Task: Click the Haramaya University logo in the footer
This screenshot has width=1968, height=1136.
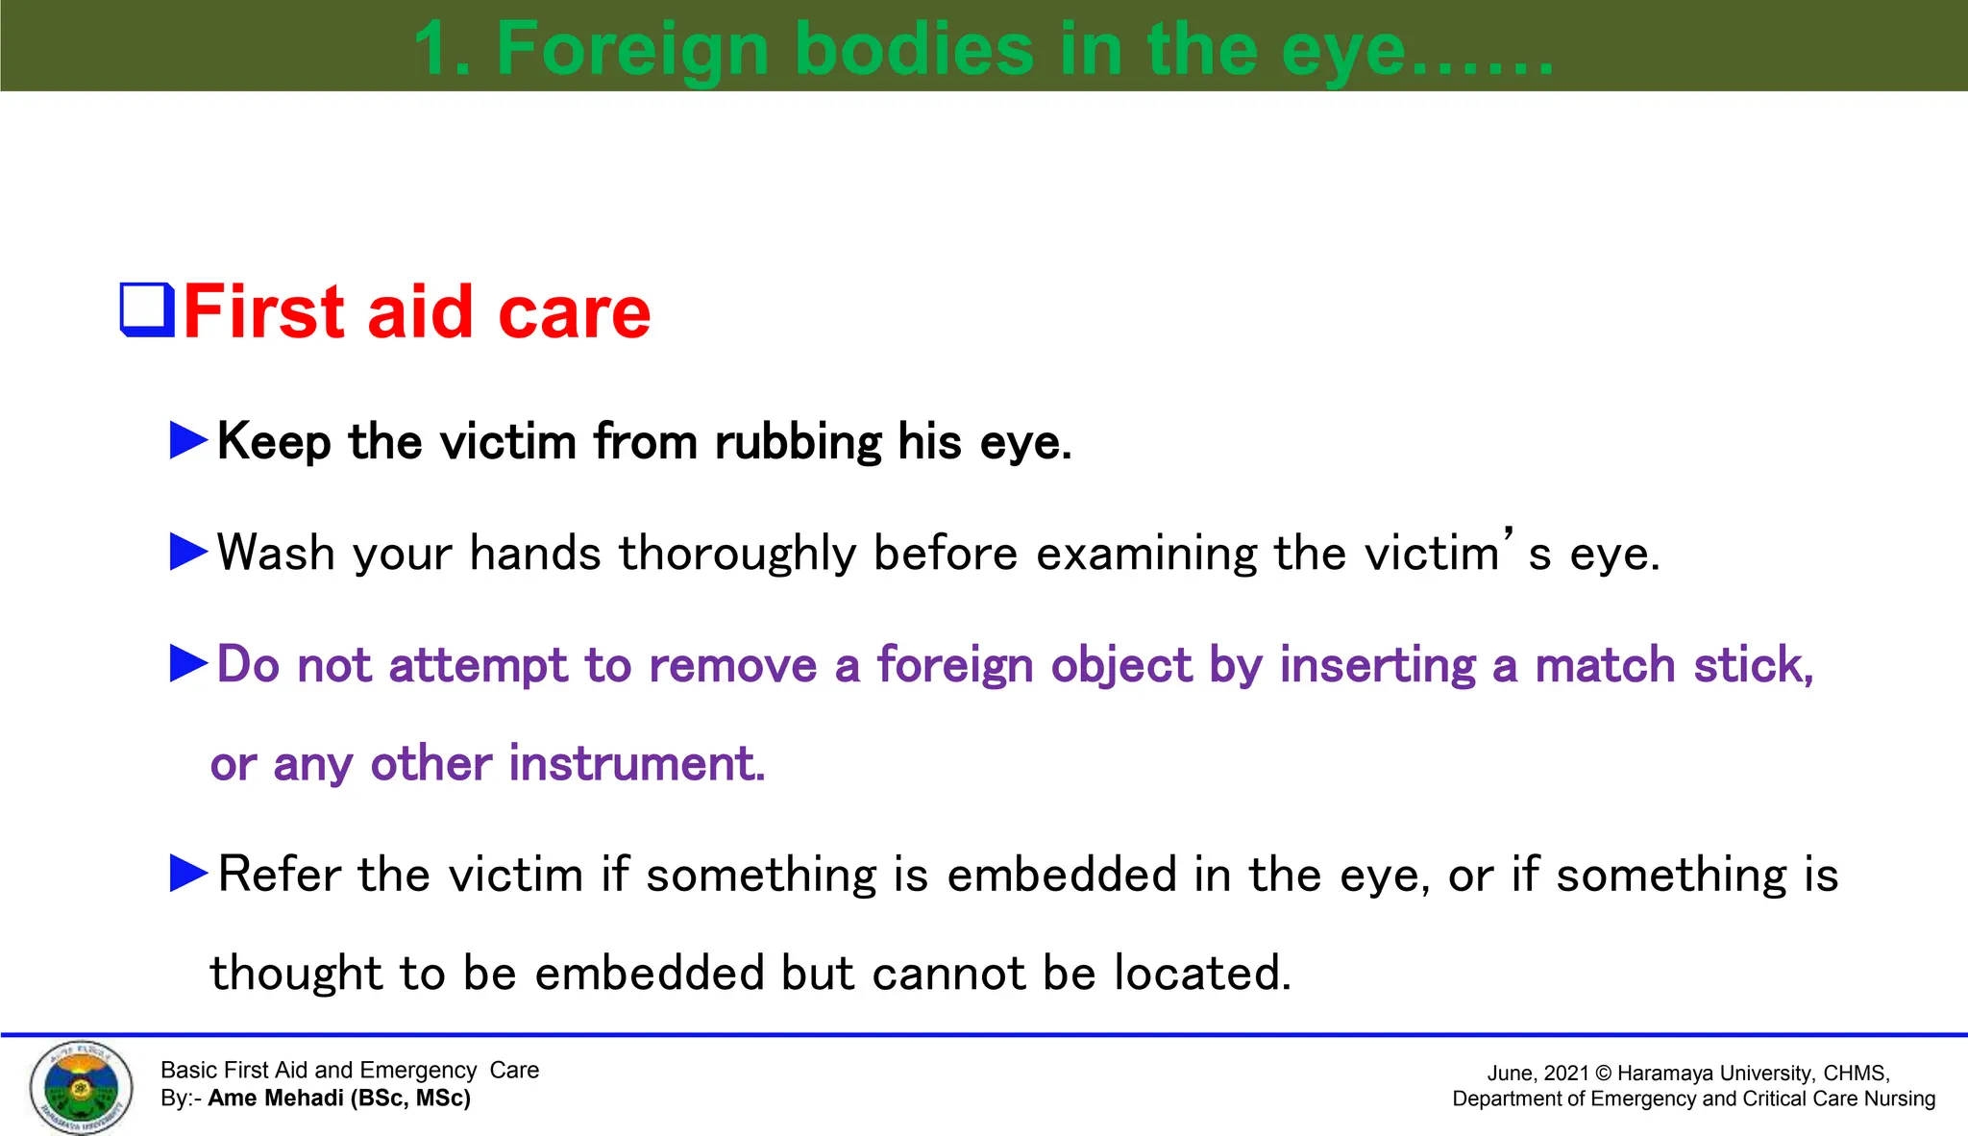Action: (x=81, y=1088)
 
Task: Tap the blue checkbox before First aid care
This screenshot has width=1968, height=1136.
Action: (x=147, y=309)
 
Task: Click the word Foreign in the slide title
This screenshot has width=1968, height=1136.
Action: (x=633, y=50)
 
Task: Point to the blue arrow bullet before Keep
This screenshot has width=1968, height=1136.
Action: (x=188, y=440)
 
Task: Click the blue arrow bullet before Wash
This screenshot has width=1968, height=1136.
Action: (x=188, y=552)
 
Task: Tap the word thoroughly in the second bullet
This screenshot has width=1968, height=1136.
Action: (x=737, y=554)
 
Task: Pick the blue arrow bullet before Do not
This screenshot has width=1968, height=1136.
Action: (x=188, y=663)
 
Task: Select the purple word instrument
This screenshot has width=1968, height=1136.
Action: (x=636, y=764)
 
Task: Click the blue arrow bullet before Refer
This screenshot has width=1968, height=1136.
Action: (x=188, y=873)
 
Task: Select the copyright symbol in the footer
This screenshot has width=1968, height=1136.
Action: (x=1603, y=1074)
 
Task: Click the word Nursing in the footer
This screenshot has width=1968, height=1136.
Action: (x=1899, y=1099)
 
